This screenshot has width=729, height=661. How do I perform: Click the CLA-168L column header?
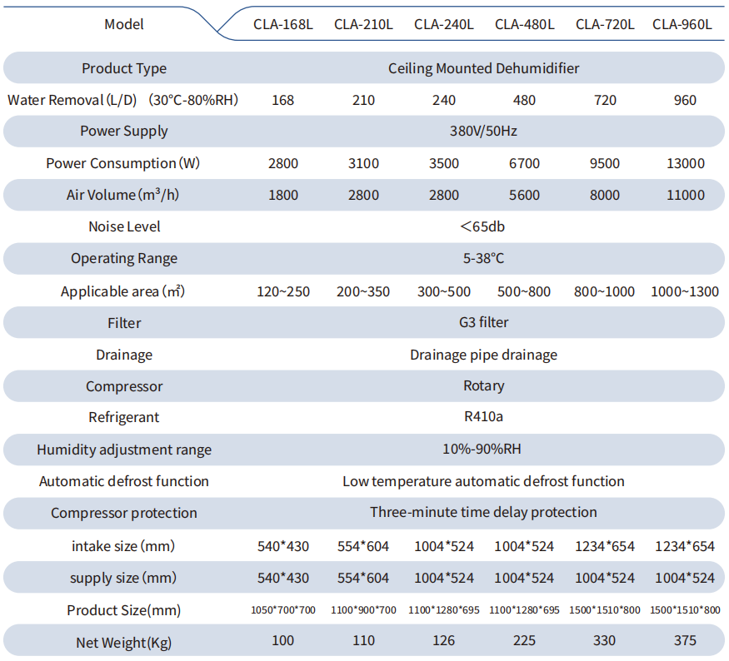[x=282, y=24]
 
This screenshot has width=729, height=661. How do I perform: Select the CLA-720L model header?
[x=605, y=24]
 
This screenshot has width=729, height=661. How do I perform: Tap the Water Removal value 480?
[x=524, y=100]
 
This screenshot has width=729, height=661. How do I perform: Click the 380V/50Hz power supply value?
[x=483, y=131]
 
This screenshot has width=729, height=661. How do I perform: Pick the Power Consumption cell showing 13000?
[x=686, y=163]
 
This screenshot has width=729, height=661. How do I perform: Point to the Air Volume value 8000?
[x=604, y=195]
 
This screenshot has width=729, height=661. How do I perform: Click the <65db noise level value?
[x=482, y=226]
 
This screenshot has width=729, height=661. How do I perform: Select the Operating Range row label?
[x=124, y=258]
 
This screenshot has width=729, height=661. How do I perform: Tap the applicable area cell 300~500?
[x=443, y=291]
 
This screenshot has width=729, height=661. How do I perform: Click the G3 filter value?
[x=483, y=322]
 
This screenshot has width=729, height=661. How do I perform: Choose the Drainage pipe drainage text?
[x=483, y=355]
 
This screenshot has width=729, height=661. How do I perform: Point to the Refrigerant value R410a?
[x=483, y=416]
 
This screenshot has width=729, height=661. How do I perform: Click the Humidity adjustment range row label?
[x=124, y=450]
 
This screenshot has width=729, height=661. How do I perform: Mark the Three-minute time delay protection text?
[x=483, y=512]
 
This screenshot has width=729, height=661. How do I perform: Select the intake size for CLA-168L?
[x=283, y=546]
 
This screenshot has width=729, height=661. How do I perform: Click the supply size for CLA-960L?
[x=685, y=578]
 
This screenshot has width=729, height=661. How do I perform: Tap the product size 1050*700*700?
[x=283, y=610]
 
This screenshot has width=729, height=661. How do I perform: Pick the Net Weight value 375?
[x=685, y=640]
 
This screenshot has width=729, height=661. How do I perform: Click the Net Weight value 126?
[x=443, y=640]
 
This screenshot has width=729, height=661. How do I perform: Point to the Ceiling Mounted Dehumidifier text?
[x=483, y=69]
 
